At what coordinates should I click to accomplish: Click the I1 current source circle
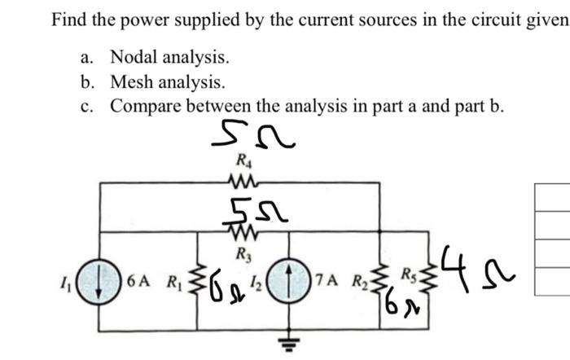(99, 283)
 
